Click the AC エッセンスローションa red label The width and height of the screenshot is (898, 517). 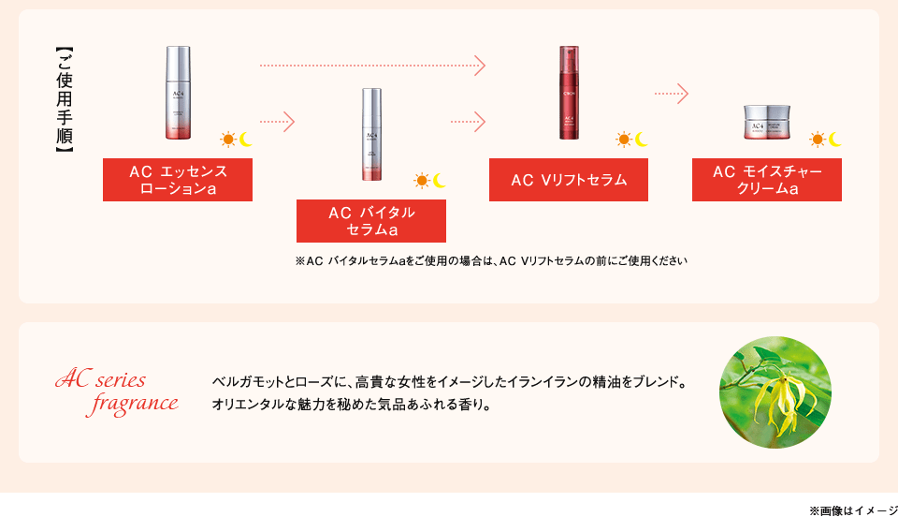point(178,180)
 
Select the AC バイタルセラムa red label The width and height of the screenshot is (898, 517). point(371,221)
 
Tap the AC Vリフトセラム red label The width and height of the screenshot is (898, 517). point(569,179)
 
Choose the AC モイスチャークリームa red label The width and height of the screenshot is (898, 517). point(767,180)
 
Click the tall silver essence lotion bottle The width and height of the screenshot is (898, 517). point(178,93)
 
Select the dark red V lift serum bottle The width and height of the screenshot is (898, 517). point(569,93)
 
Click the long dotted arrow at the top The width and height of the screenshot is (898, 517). point(371,66)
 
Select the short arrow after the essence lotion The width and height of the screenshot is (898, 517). point(277,122)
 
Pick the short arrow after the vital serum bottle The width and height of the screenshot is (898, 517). point(468,122)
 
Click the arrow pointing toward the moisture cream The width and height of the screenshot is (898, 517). point(672,94)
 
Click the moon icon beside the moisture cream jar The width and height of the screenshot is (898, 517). point(834,140)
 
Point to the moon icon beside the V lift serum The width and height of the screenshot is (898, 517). point(642,140)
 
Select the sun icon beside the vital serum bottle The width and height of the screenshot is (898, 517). point(422,180)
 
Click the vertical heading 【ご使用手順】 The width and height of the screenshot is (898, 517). point(64,100)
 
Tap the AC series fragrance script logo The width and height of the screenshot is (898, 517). point(118,391)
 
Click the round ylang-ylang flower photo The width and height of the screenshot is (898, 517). point(775,391)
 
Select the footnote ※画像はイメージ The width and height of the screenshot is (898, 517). point(852,509)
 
